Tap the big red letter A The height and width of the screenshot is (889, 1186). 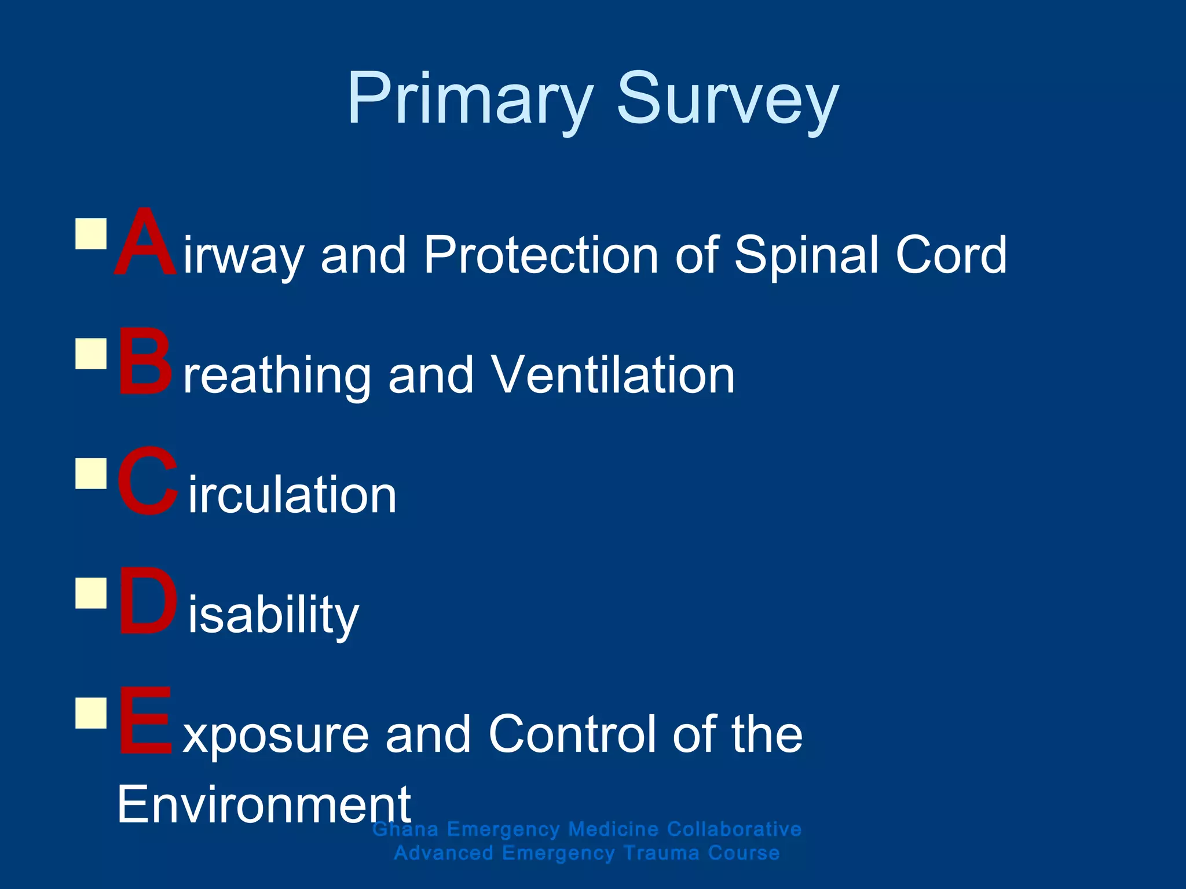[145, 243]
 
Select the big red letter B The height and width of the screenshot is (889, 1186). [145, 362]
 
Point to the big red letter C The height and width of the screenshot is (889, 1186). [147, 482]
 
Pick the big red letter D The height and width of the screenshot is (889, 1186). [147, 602]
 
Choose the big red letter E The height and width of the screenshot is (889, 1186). [145, 721]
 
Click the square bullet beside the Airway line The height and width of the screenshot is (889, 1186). [91, 233]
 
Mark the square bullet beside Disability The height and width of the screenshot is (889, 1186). [91, 593]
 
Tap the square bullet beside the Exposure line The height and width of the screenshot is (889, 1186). [91, 712]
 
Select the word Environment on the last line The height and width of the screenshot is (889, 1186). [263, 804]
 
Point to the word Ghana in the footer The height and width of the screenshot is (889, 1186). [405, 829]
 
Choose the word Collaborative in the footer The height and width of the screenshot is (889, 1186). [734, 829]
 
